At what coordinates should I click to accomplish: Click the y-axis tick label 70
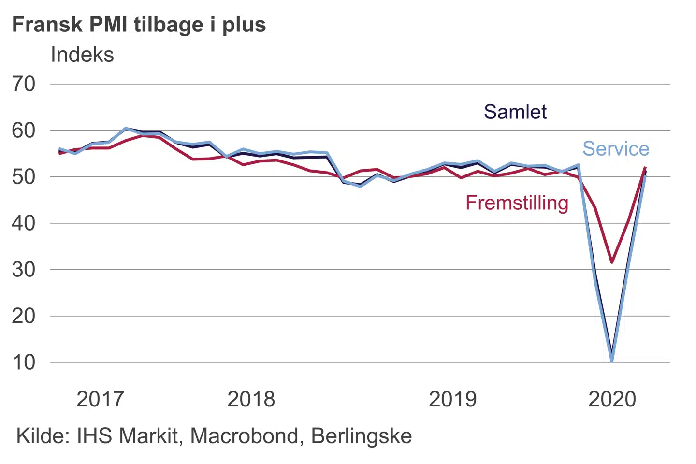[x=24, y=84]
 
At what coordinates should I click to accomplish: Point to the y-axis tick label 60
[x=24, y=130]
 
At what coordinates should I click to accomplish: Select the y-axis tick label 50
[x=24, y=177]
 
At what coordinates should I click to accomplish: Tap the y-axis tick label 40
[x=24, y=223]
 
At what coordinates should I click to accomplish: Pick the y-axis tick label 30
[x=24, y=270]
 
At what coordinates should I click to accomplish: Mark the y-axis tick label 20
[x=24, y=316]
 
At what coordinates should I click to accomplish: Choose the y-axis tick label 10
[x=24, y=362]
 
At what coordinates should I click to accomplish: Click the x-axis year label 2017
[x=100, y=399]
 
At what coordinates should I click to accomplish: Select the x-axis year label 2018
[x=251, y=399]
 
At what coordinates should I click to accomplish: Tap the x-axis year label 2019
[x=452, y=399]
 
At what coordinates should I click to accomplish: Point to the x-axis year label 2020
[x=612, y=399]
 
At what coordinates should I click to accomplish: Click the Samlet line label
[x=515, y=112]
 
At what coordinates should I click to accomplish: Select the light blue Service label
[x=616, y=149]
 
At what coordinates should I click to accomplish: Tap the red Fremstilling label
[x=517, y=203]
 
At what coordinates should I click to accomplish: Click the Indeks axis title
[x=82, y=55]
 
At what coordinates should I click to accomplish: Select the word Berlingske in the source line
[x=361, y=436]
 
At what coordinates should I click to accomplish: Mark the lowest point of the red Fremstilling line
[x=612, y=262]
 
